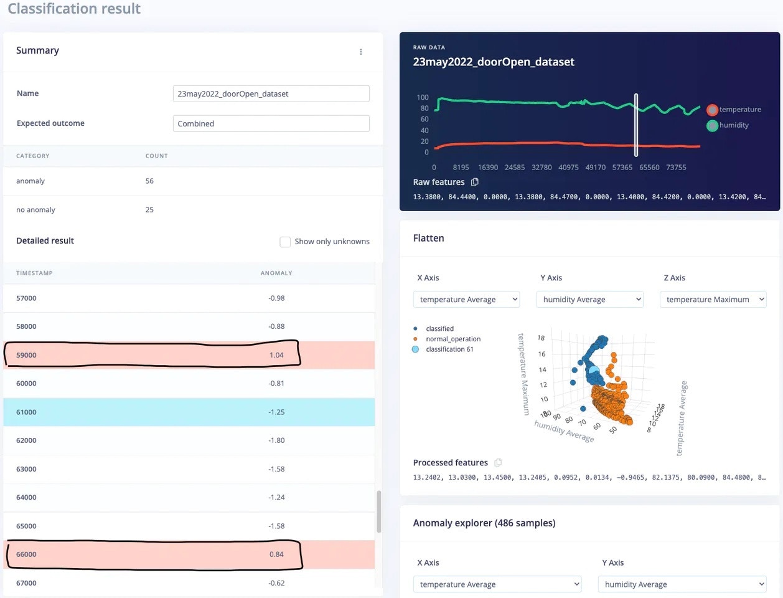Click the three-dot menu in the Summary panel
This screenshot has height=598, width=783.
pyautogui.click(x=361, y=52)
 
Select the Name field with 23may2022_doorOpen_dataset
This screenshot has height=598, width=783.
pyautogui.click(x=271, y=93)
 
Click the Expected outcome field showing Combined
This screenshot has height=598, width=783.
pyautogui.click(x=271, y=123)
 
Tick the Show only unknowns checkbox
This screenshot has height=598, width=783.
pyautogui.click(x=285, y=242)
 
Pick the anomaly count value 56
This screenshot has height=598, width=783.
pyautogui.click(x=149, y=181)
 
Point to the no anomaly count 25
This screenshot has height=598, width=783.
pyautogui.click(x=149, y=210)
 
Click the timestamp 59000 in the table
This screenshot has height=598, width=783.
pyautogui.click(x=26, y=355)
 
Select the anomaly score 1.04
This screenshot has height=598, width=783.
pyautogui.click(x=276, y=355)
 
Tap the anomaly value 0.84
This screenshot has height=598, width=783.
pyautogui.click(x=276, y=554)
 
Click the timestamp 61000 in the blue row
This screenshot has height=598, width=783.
pyautogui.click(x=26, y=412)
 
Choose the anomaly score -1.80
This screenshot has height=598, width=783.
pyautogui.click(x=276, y=440)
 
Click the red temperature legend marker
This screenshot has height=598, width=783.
pyautogui.click(x=712, y=110)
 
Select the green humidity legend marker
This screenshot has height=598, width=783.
pyautogui.click(x=712, y=125)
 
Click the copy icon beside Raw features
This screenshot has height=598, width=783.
pyautogui.click(x=475, y=182)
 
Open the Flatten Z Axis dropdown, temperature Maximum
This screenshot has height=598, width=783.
pyautogui.click(x=713, y=300)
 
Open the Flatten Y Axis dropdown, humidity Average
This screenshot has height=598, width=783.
pyautogui.click(x=589, y=300)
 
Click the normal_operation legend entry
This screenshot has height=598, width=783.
pyautogui.click(x=452, y=339)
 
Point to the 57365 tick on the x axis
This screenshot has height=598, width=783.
pyautogui.click(x=622, y=168)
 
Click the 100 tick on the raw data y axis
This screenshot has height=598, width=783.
pyautogui.click(x=423, y=97)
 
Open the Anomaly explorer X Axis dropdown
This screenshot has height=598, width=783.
pyautogui.click(x=497, y=584)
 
